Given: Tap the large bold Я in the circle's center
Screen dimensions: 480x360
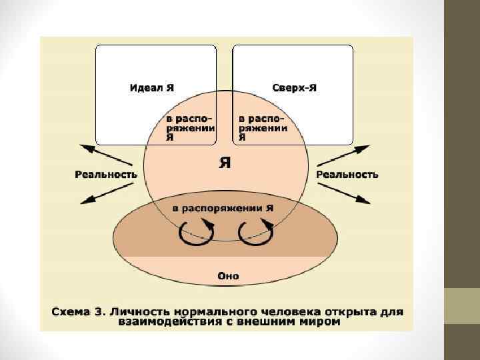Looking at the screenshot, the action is coord(225,163).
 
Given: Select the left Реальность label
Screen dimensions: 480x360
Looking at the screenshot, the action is coord(105,175).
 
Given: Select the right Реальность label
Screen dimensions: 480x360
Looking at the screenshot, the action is coord(347,175).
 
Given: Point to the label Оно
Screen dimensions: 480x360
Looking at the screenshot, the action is coord(228,275).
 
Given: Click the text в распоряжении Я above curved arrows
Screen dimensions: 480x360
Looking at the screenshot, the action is coord(223,209).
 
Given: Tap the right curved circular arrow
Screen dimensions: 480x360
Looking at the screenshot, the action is coord(257,231).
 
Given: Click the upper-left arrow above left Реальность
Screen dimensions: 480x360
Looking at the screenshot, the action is coord(101,154).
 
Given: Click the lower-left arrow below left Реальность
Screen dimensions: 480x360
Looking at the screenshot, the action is coord(101,193).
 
